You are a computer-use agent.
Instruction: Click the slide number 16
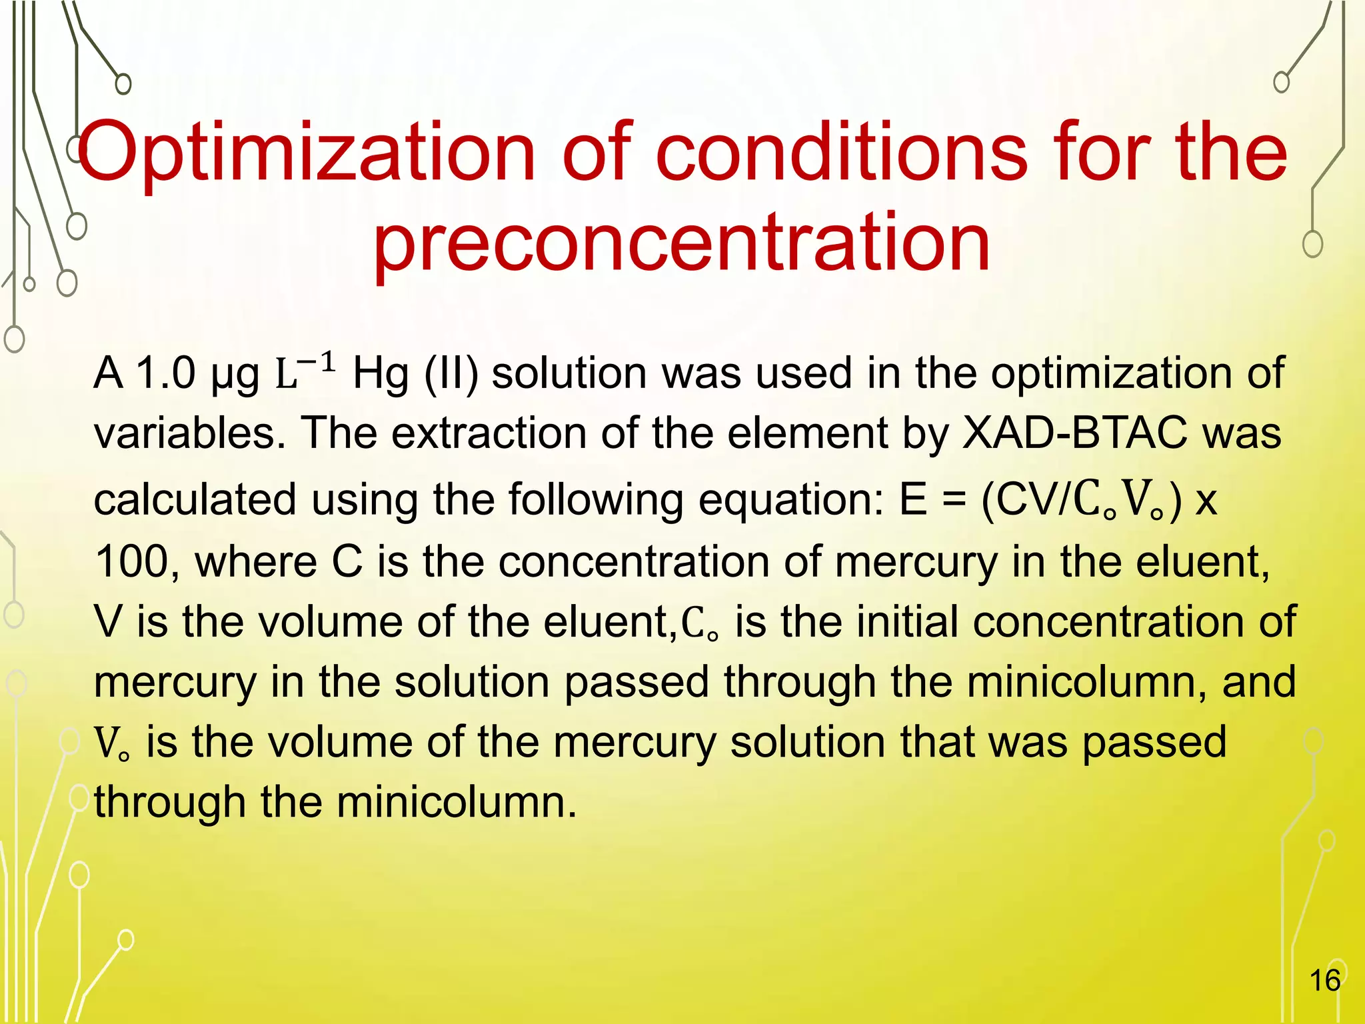tap(1324, 980)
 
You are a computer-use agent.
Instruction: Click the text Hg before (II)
tap(380, 373)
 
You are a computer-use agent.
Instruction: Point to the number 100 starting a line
tap(132, 561)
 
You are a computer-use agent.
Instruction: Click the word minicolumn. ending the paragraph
tap(457, 802)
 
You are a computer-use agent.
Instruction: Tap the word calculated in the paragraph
tap(195, 500)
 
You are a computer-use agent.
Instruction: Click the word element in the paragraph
tap(808, 433)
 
